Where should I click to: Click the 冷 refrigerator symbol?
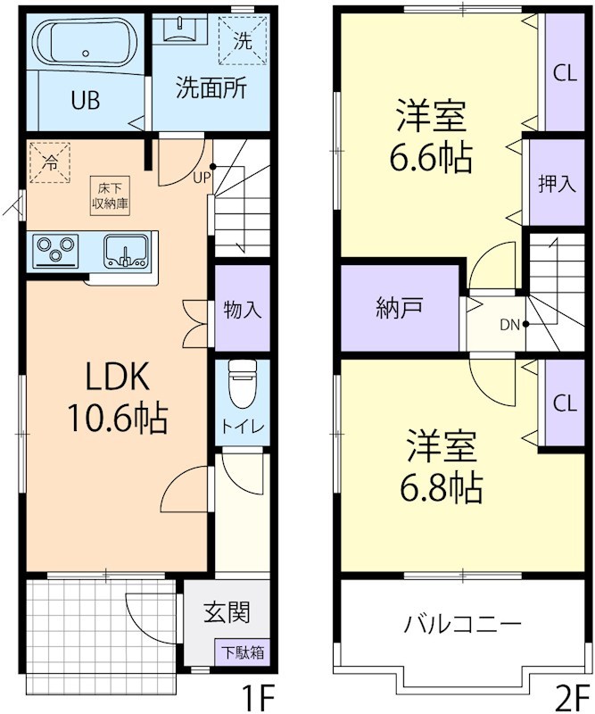pos(51,162)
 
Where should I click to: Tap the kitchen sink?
pos(125,250)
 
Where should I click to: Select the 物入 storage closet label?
pos(242,310)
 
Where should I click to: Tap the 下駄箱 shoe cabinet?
pos(242,652)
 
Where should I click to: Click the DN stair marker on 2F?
pos(510,323)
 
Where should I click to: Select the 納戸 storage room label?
pos(400,308)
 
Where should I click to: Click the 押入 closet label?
pos(556,183)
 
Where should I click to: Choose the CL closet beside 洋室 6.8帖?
pos(564,403)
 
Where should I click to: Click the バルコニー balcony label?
pos(463,621)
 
